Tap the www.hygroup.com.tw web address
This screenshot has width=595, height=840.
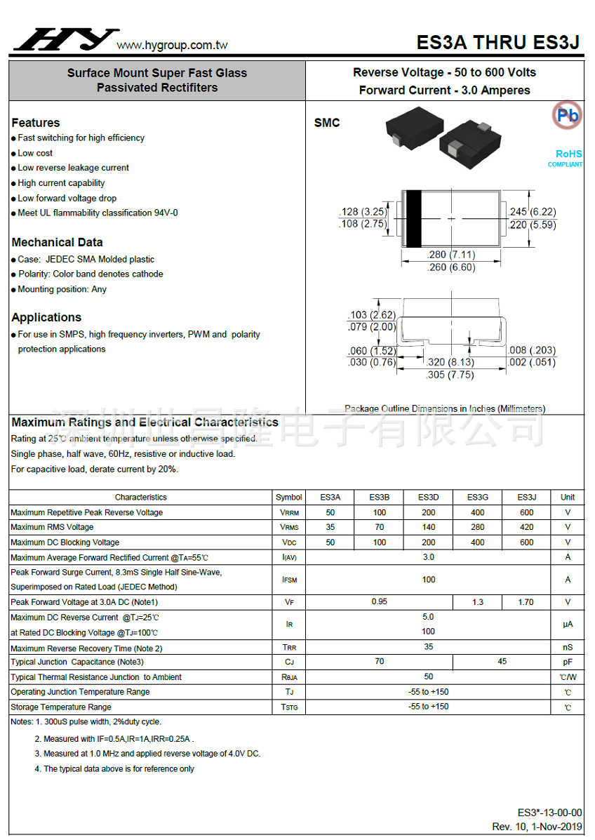pos(172,46)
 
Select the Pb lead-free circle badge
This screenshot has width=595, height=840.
pos(567,114)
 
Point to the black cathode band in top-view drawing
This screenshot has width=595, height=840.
pos(413,218)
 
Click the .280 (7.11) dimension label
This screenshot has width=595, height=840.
pos(450,255)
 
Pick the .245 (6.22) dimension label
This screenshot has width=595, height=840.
pos(532,212)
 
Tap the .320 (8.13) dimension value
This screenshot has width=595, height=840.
pos(450,362)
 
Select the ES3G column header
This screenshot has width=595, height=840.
pos(478,497)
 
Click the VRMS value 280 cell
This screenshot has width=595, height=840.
pos(478,527)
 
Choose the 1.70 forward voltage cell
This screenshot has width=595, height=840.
pos(526,602)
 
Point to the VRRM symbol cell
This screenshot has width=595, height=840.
pos(289,512)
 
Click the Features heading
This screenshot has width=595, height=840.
pos(36,123)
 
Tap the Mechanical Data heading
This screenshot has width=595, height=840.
pos(58,242)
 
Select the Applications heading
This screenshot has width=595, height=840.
pos(46,317)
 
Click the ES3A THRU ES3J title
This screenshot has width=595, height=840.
pos(497,43)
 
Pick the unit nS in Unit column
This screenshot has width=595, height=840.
pos(568,648)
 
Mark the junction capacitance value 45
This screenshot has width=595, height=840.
pos(502,662)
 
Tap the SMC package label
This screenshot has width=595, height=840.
pos(327,123)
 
